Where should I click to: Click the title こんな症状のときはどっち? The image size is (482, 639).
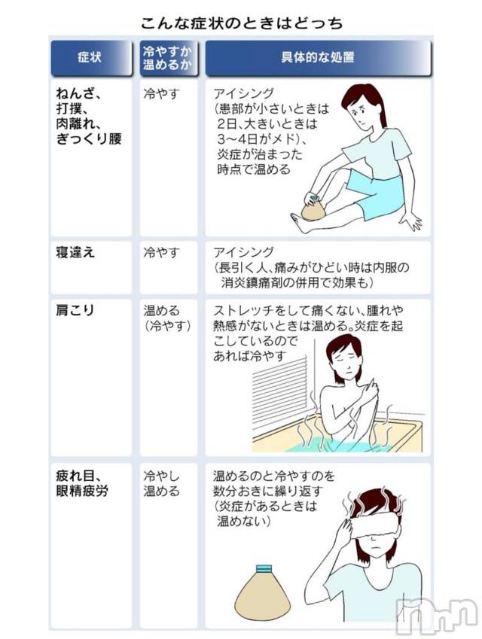[242, 23]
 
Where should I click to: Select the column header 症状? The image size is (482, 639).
[90, 57]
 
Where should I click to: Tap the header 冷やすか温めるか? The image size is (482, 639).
[167, 58]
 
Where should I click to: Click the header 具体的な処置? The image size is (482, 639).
[318, 57]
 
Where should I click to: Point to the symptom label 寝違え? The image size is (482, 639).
[75, 253]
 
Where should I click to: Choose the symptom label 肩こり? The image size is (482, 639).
[75, 311]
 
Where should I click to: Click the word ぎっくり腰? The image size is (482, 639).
[89, 139]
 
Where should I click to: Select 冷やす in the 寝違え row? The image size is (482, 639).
[161, 253]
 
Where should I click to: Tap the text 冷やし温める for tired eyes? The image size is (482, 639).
[161, 483]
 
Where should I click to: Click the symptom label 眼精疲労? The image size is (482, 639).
[82, 491]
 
